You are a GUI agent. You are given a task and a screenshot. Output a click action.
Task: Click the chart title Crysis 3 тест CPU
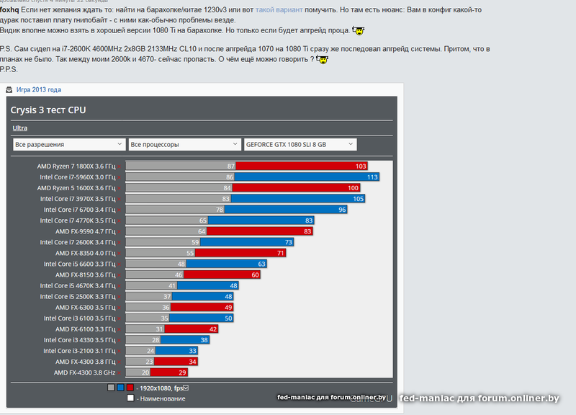click(49, 110)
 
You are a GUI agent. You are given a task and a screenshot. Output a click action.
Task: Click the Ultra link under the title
click(19, 128)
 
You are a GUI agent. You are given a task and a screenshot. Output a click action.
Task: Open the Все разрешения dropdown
click(67, 144)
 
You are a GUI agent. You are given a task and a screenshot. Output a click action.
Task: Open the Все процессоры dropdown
click(183, 144)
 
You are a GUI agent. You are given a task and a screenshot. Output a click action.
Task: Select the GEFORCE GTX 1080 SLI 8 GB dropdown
click(300, 144)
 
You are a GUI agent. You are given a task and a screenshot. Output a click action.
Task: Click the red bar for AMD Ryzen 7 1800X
click(302, 166)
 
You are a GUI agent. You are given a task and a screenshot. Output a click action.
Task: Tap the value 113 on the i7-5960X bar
click(372, 177)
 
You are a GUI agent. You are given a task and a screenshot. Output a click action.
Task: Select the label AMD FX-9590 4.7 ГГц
click(84, 231)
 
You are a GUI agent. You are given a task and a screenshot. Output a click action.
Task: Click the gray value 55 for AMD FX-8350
click(190, 254)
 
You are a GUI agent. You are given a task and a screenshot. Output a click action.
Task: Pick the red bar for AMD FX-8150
click(223, 275)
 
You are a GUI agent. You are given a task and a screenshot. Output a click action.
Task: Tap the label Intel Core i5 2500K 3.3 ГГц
click(77, 297)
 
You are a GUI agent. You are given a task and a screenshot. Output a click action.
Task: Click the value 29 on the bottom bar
click(183, 372)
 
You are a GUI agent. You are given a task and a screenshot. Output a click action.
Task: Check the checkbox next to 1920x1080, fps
click(186, 388)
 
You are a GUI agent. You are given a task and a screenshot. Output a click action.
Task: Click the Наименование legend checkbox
click(130, 398)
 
